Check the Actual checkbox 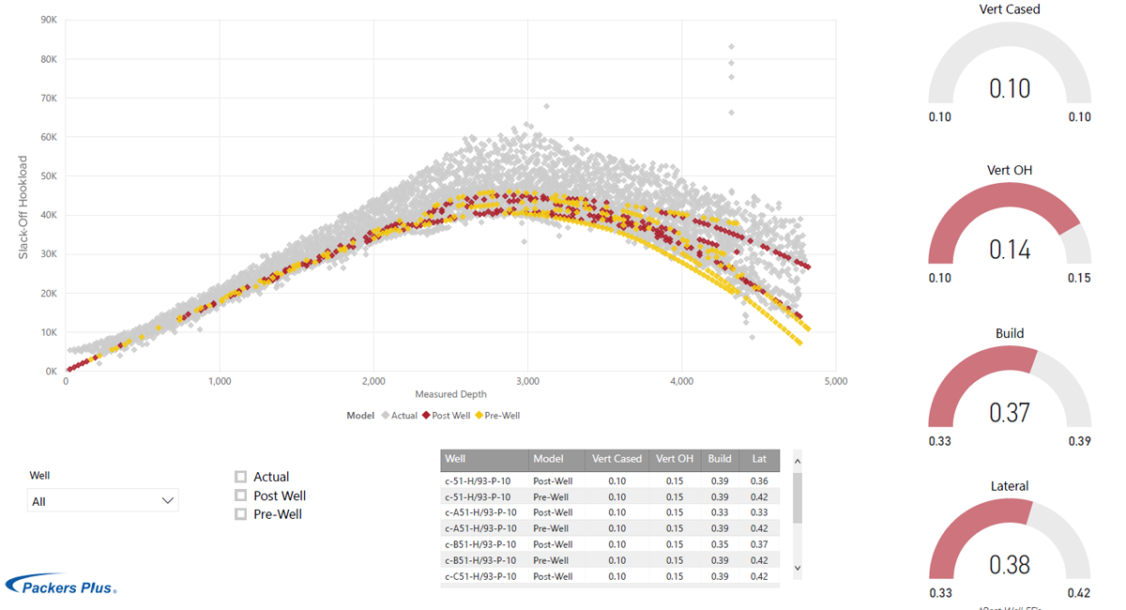click(x=241, y=477)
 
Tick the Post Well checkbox click(x=241, y=496)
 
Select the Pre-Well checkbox click(x=241, y=514)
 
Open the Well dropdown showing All click(x=103, y=501)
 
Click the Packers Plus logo click(x=62, y=585)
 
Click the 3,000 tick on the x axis click(x=527, y=381)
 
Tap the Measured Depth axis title click(x=449, y=395)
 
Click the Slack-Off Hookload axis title click(x=23, y=207)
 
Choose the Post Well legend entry click(x=446, y=416)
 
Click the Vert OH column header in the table click(x=675, y=459)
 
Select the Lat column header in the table click(x=759, y=459)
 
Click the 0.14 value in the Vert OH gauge click(x=1010, y=250)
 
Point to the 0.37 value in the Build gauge click(x=1010, y=412)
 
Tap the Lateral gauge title click(x=1010, y=486)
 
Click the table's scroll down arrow click(x=798, y=568)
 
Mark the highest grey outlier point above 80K click(x=732, y=46)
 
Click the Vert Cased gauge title click(x=1010, y=9)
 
